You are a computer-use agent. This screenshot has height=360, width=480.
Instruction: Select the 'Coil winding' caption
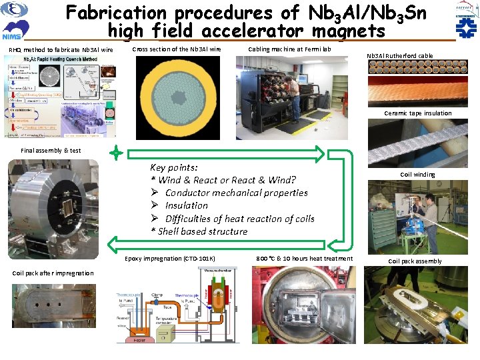417,175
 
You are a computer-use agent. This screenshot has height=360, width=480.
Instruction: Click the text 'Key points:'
173,167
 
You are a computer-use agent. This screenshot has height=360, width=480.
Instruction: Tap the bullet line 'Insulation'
186,205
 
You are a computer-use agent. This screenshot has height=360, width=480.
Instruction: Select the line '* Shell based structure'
199,231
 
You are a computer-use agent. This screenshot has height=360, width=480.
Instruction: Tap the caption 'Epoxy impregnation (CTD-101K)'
171,259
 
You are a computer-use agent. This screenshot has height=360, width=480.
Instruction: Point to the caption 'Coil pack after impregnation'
53,273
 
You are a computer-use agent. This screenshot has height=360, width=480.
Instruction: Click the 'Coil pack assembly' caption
415,261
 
